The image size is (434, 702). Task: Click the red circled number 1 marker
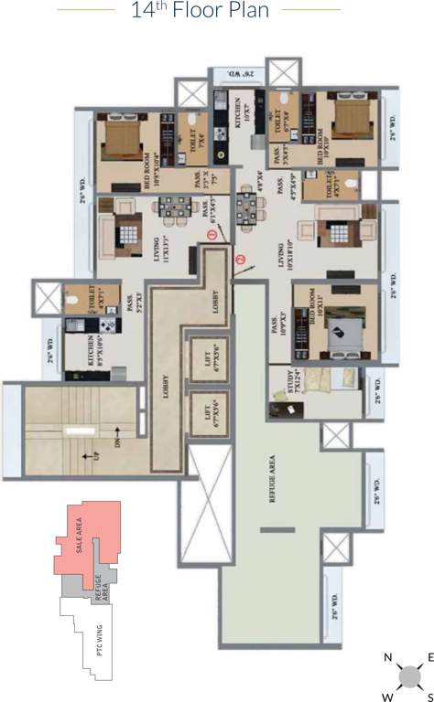(x=212, y=236)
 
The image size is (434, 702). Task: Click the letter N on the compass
(x=388, y=657)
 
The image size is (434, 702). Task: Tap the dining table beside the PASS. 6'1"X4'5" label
(x=173, y=209)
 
